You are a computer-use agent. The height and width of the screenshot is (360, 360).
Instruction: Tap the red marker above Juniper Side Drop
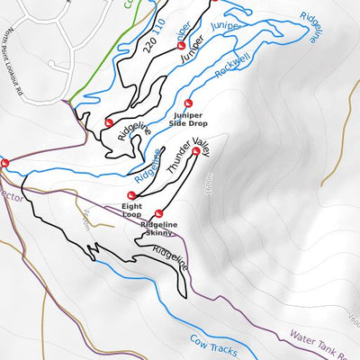[x=188, y=103]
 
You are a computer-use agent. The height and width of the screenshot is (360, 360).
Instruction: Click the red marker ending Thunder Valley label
[x=196, y=151]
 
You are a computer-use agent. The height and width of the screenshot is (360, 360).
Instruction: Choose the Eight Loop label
[x=132, y=211]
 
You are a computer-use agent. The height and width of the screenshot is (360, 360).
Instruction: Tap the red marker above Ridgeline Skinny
[x=159, y=214]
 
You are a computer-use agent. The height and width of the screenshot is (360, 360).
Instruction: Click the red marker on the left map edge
[x=4, y=163]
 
